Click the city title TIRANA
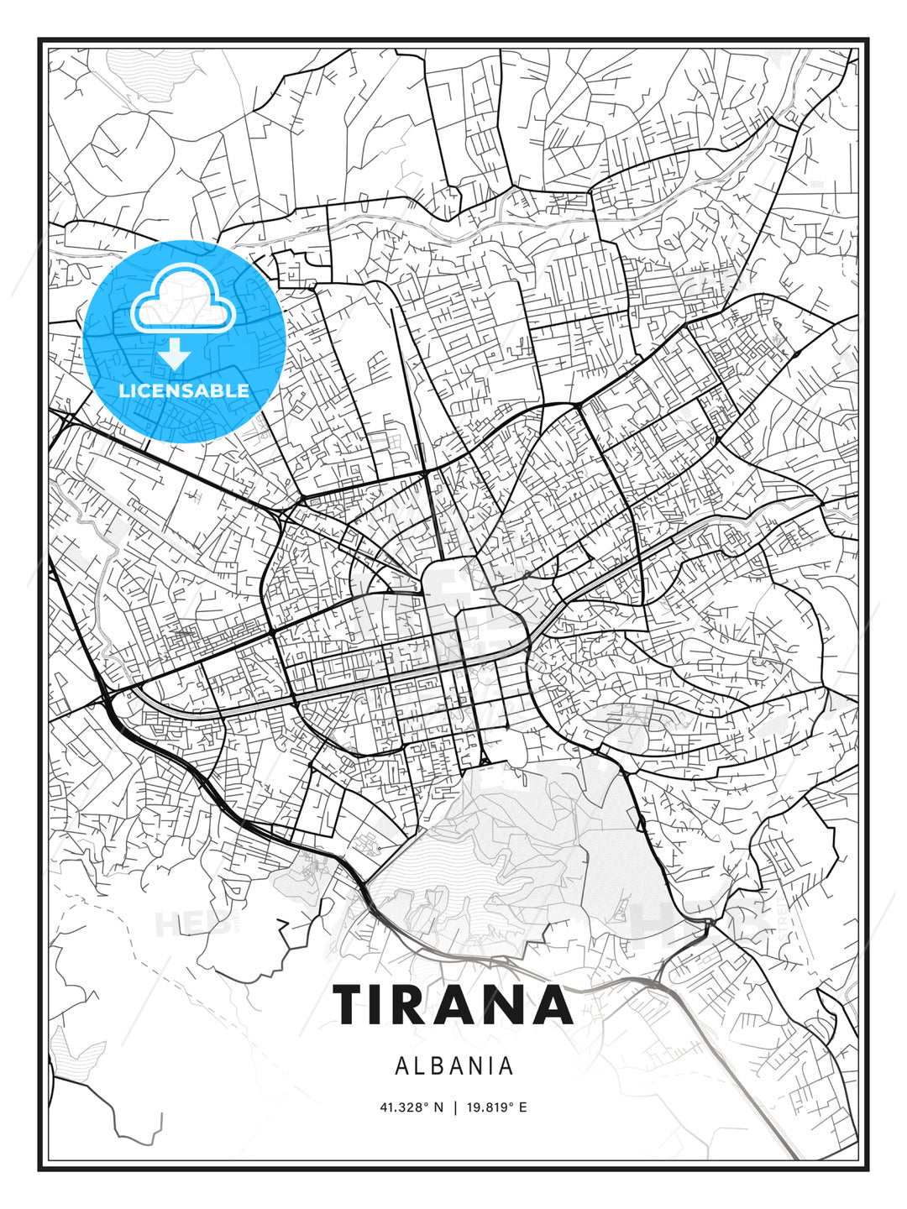click(453, 1004)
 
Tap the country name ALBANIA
click(453, 1066)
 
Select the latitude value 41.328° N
click(411, 1107)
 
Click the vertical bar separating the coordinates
click(454, 1107)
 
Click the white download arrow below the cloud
click(176, 354)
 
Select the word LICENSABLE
click(184, 390)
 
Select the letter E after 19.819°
click(522, 1107)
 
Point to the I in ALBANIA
click(494, 1066)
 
